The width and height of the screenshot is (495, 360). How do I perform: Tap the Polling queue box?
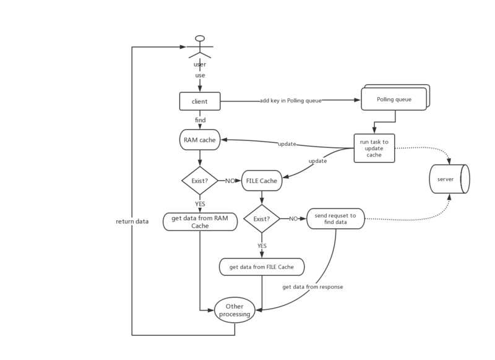coord(394,99)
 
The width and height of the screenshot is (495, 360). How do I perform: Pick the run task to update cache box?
coord(374,148)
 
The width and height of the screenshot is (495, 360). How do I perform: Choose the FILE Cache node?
coord(262,181)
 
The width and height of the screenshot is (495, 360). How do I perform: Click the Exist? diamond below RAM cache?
coord(199,181)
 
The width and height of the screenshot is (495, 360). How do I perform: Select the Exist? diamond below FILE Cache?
coord(262,218)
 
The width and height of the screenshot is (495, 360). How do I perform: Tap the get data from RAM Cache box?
coord(200,221)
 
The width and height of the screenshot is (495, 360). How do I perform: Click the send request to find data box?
coord(335,218)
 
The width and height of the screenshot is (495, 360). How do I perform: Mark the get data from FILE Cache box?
coord(262,267)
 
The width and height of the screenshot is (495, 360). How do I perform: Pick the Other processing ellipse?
coord(235,310)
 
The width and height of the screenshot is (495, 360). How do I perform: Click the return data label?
coord(132,221)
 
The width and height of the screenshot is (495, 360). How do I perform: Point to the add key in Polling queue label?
coord(291,100)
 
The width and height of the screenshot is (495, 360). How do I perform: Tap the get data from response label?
coord(312,287)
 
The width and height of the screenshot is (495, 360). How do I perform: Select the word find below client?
coord(200,119)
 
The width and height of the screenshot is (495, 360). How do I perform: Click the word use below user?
coord(200,75)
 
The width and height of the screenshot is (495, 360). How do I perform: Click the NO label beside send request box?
coord(293,218)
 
